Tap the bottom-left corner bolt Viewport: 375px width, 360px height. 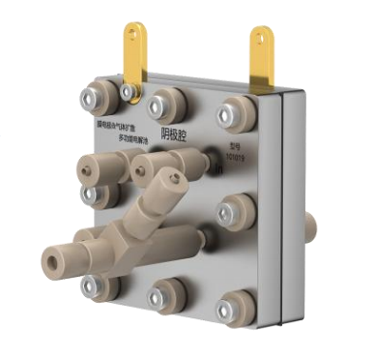96,284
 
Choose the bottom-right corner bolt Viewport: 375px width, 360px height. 230,309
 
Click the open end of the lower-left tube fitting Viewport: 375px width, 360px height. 48,259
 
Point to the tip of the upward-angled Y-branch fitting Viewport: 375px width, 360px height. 173,178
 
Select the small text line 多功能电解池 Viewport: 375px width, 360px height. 119,139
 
